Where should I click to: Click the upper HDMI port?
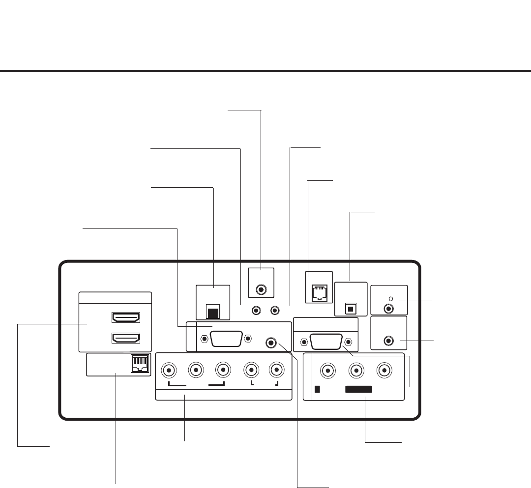coord(126,318)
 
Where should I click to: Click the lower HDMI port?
coord(126,338)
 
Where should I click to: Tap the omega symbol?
coord(390,299)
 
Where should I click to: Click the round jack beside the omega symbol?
coord(390,309)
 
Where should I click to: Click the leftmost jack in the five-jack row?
coord(169,370)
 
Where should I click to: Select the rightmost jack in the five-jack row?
coord(276,370)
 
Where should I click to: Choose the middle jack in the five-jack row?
coord(224,370)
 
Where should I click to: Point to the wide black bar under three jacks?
coord(358,390)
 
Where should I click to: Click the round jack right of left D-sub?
coord(270,343)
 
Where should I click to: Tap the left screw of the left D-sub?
coord(203,339)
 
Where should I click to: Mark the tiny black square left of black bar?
coord(317,390)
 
